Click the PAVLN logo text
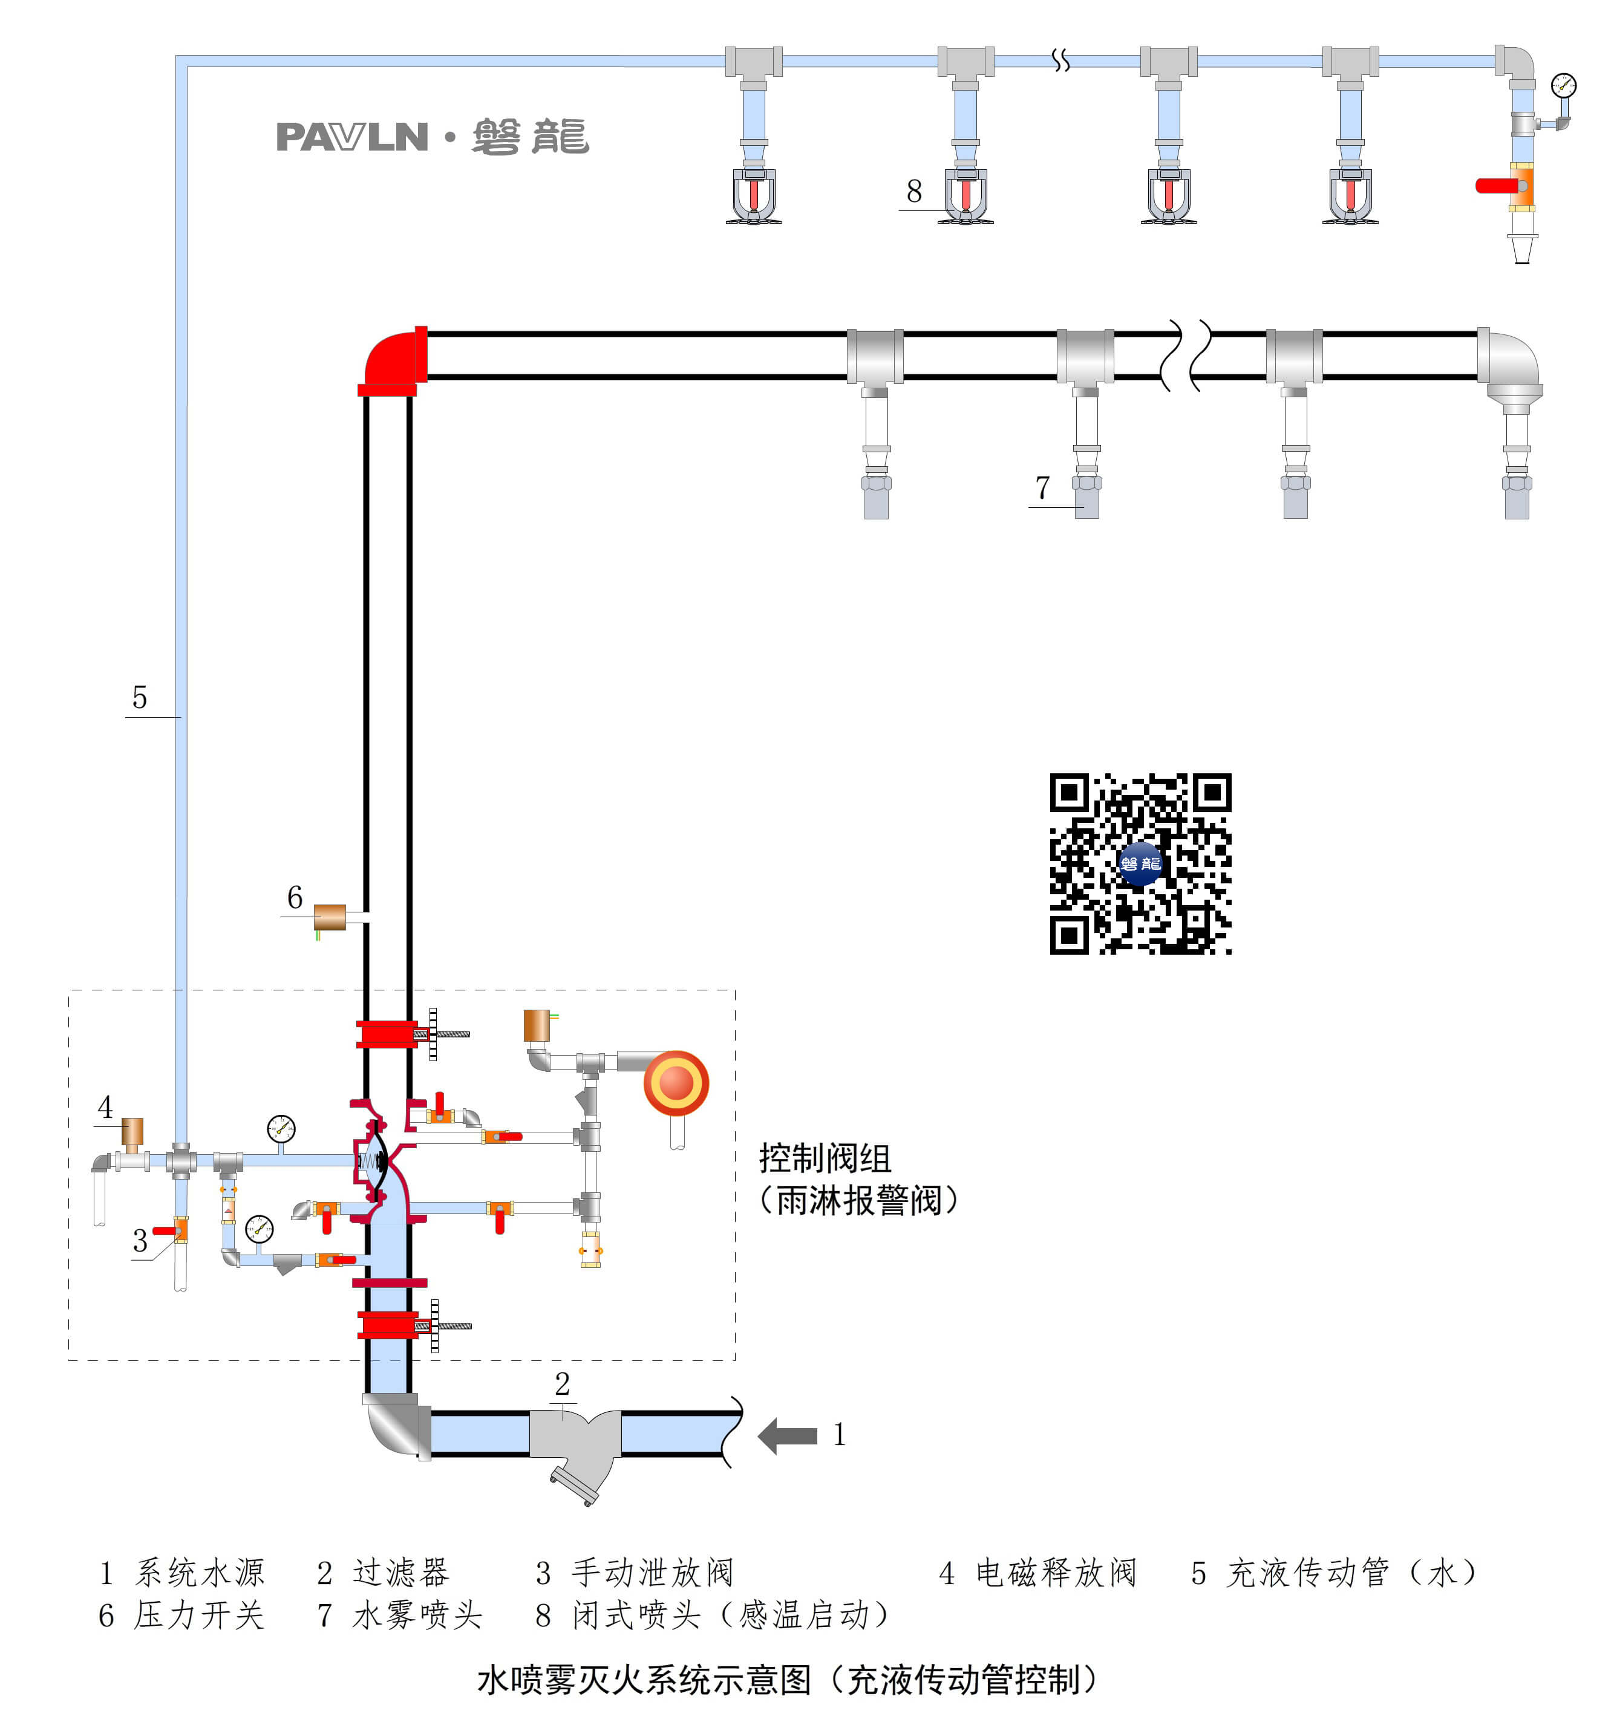tap(351, 137)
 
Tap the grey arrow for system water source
tap(787, 1435)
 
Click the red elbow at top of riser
tap(394, 358)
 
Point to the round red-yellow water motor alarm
tap(676, 1083)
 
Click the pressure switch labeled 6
tap(330, 917)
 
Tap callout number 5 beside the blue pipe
tap(139, 697)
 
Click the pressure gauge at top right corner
tap(1563, 85)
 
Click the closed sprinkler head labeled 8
tap(965, 195)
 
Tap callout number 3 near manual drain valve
tap(139, 1240)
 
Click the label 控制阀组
tap(825, 1158)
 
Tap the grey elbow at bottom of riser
tap(393, 1426)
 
